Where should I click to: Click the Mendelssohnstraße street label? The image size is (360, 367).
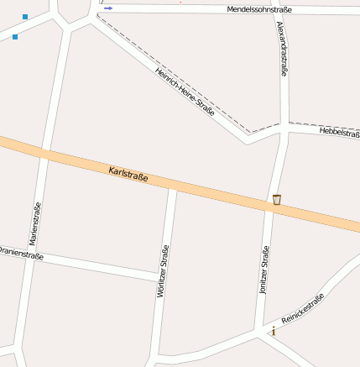259,9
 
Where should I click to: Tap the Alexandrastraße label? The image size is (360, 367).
282,49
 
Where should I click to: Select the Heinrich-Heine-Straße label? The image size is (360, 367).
185,91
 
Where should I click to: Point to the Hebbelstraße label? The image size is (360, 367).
340,133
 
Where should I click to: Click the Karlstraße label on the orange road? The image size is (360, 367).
128,175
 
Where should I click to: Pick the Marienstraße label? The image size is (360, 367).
35,223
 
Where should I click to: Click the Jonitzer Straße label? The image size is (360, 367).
263,274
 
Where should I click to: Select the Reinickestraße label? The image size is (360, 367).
303,307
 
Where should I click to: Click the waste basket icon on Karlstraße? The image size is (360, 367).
276,199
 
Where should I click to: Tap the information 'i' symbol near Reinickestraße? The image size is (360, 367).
274,331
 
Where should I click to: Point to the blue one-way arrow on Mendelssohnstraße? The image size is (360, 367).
108,8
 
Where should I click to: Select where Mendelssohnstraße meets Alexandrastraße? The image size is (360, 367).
282,10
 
